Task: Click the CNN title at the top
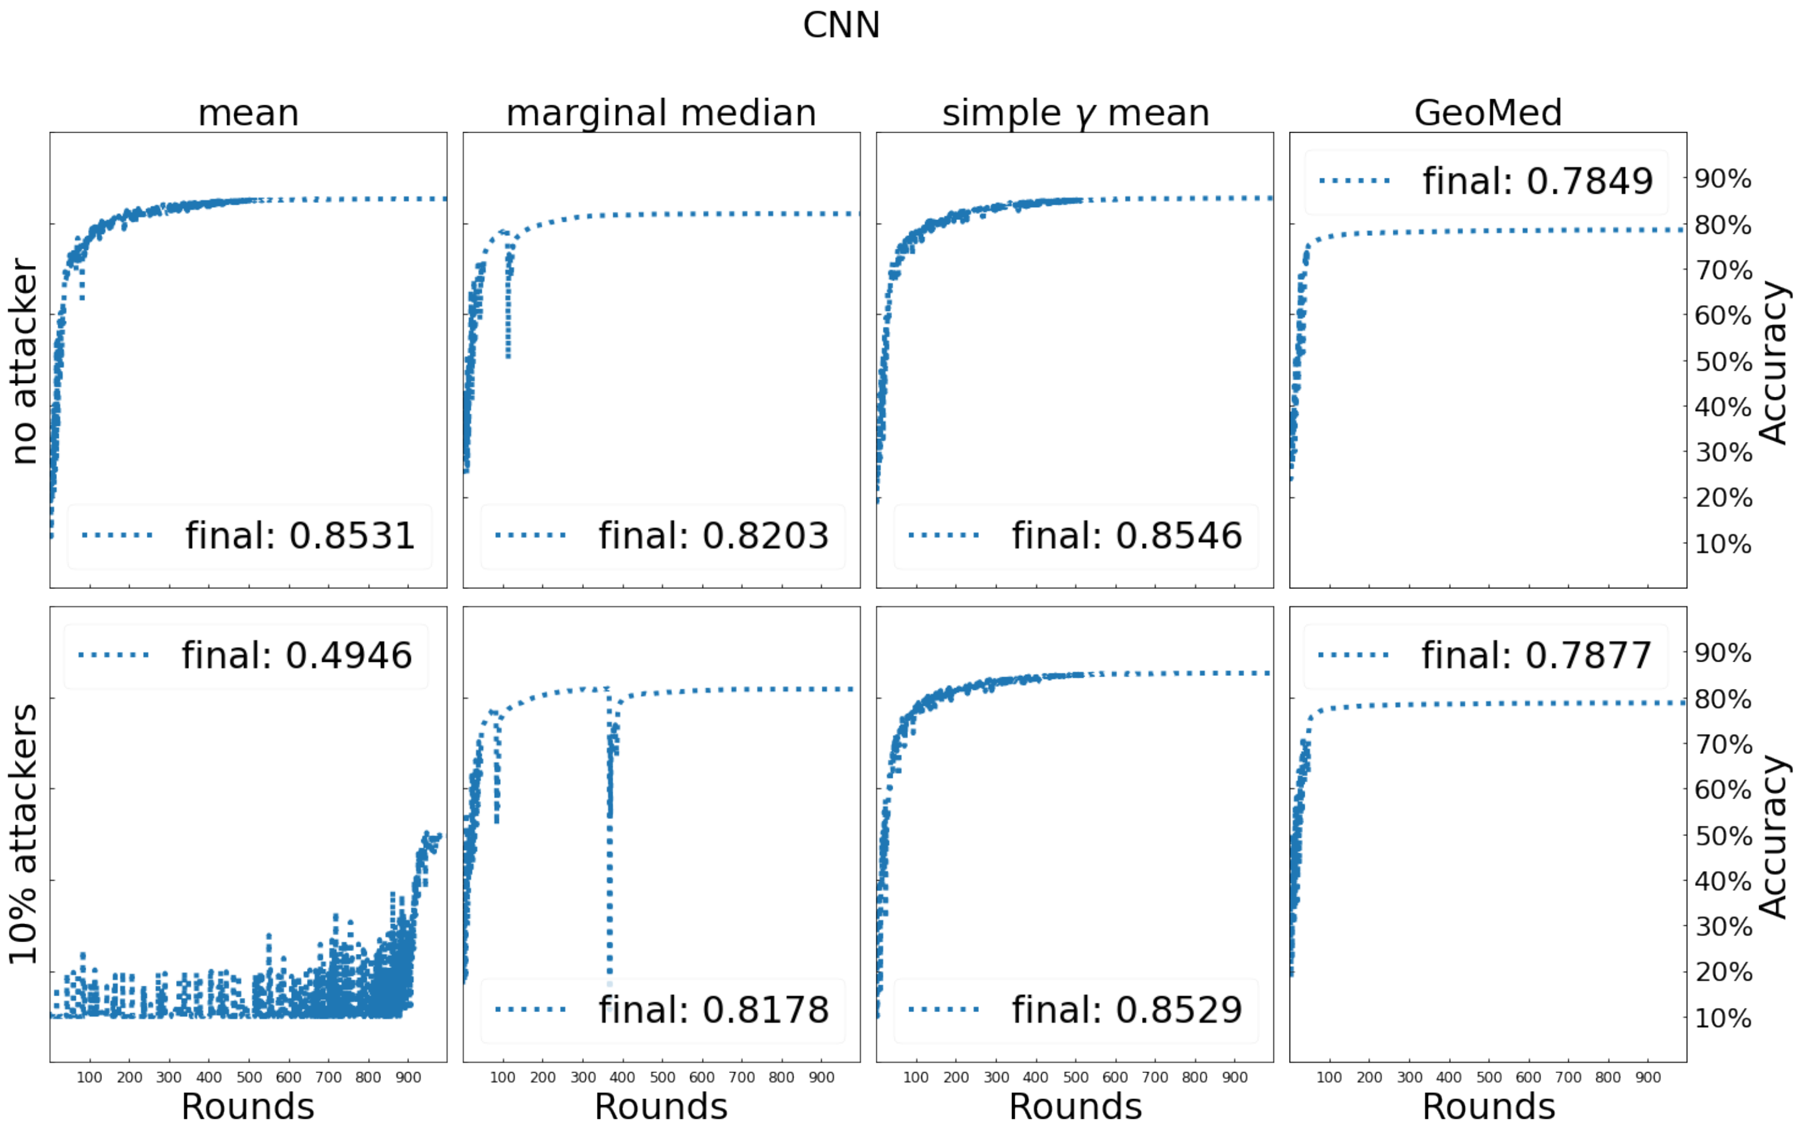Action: [841, 25]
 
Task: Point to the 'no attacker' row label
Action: [24, 362]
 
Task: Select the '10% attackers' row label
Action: [24, 833]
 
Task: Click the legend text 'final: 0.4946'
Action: [297, 655]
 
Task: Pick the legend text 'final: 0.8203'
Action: [713, 536]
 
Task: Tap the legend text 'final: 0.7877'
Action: [1535, 655]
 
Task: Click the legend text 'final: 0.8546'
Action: [1126, 536]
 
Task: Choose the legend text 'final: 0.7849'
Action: [1537, 181]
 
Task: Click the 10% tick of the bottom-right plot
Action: [1722, 1018]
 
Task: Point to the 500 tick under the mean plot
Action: [249, 1078]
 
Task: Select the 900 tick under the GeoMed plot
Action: [1647, 1078]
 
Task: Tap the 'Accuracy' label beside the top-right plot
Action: [1773, 362]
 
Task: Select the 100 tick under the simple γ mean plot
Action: [916, 1078]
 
